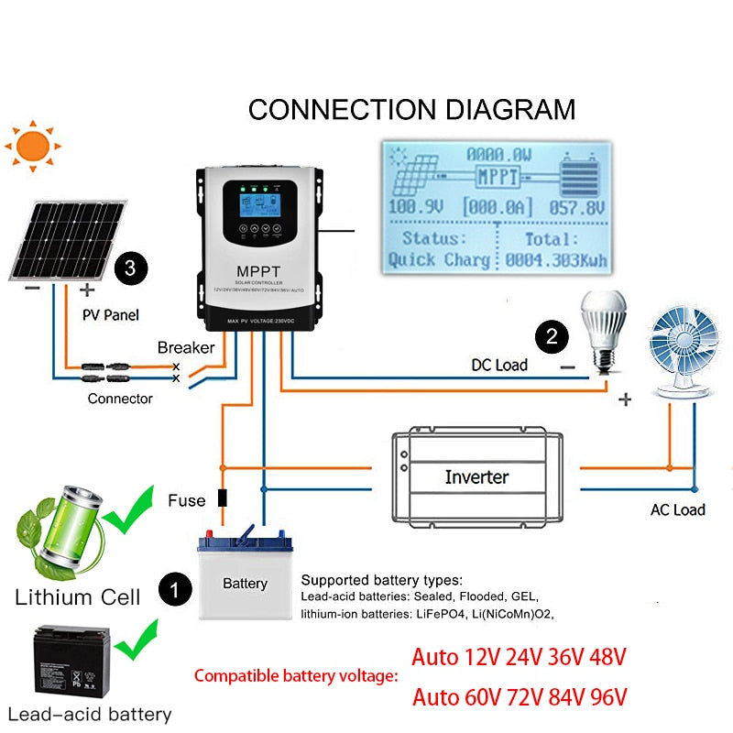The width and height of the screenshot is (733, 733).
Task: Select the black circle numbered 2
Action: click(x=552, y=336)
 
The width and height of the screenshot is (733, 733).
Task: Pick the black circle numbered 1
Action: click(x=173, y=587)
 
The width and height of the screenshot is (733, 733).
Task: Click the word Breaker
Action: click(x=186, y=347)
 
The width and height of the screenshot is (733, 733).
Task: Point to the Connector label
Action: click(x=120, y=399)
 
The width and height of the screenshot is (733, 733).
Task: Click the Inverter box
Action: click(x=476, y=476)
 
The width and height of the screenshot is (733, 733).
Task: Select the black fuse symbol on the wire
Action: click(x=222, y=499)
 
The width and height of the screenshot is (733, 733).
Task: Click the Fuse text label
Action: click(x=187, y=501)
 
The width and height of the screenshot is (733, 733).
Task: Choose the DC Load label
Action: click(x=499, y=365)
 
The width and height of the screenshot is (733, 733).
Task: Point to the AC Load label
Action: click(x=677, y=509)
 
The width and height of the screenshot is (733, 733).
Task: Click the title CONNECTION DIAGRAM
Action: click(x=411, y=109)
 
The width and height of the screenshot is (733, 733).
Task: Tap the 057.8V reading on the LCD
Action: click(x=576, y=208)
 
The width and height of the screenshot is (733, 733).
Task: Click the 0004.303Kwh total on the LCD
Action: click(x=556, y=260)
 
